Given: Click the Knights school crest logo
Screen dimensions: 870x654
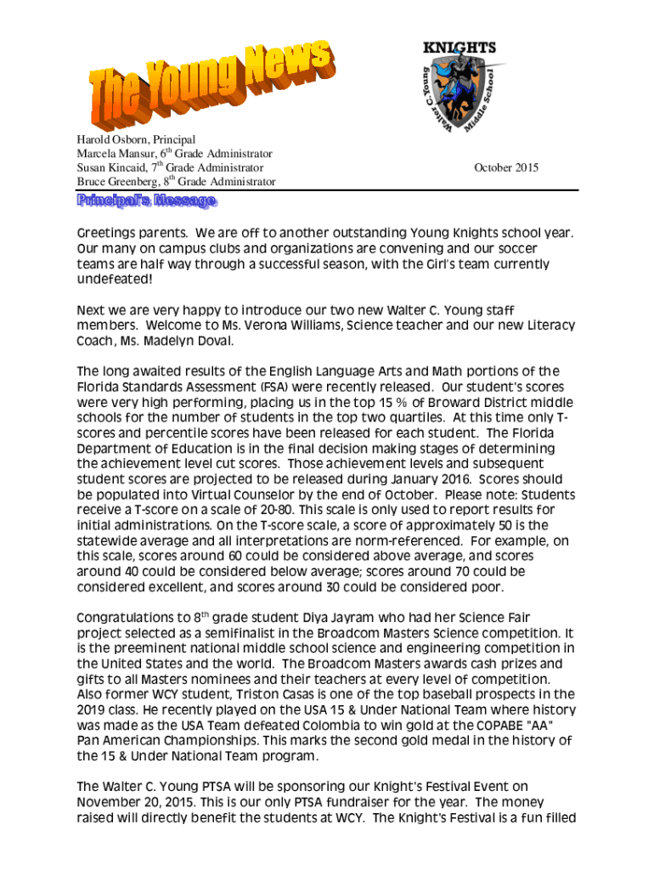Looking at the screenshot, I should (x=459, y=93).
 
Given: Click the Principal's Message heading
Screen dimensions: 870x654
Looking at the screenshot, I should (x=147, y=201).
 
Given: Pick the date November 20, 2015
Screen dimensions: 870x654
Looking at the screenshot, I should (x=132, y=802).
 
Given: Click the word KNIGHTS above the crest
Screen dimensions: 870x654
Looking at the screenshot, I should (x=459, y=48).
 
